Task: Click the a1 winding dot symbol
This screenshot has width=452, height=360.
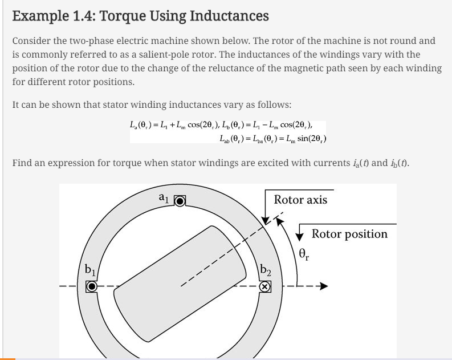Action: (180, 201)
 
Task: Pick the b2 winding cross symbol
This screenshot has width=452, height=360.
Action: (264, 287)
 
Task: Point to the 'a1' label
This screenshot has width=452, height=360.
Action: (164, 198)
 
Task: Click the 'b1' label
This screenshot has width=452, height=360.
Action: (90, 269)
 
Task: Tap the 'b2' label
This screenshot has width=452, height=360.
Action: (265, 270)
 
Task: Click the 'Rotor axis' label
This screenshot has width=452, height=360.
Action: (300, 200)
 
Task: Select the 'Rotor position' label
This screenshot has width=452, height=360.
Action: (349, 234)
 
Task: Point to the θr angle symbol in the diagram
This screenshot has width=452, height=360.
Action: (304, 254)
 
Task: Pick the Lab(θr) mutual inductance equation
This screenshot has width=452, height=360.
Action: (272, 138)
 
